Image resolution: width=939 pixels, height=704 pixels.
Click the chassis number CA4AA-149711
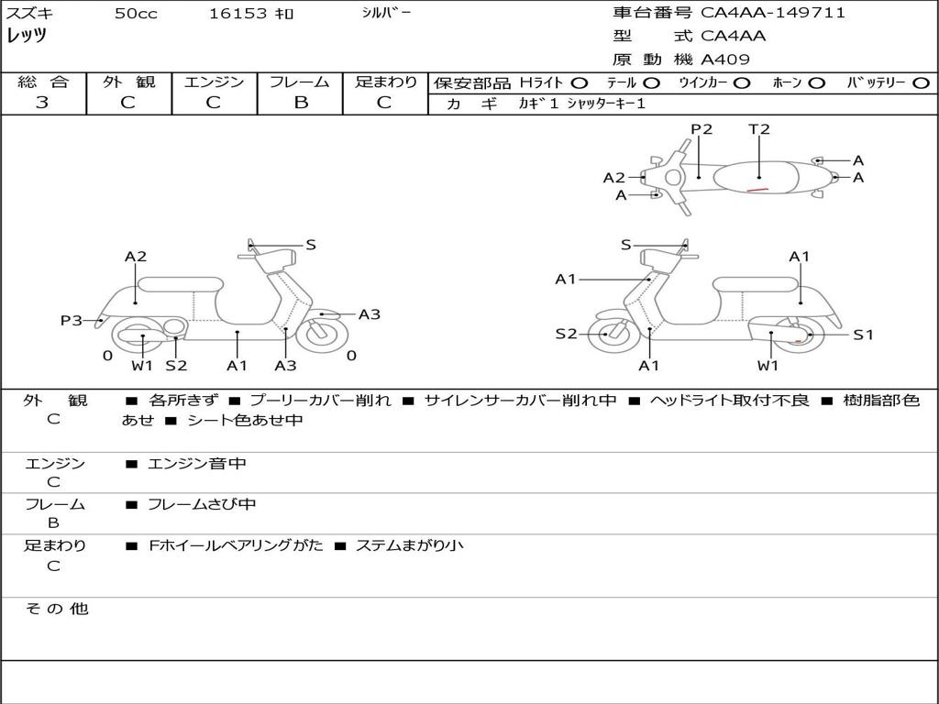click(772, 12)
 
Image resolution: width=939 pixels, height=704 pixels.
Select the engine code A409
click(724, 60)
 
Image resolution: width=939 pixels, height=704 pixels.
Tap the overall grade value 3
click(42, 103)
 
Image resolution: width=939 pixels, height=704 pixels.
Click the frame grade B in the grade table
click(301, 103)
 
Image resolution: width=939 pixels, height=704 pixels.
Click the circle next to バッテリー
click(922, 83)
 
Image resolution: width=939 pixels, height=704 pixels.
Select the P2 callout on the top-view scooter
click(701, 129)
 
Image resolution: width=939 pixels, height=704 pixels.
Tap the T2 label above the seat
click(758, 129)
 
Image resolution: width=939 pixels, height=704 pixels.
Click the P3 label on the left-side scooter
click(72, 320)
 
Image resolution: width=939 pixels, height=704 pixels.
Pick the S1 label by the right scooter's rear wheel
click(863, 335)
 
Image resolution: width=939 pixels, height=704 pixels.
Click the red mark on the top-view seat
click(757, 190)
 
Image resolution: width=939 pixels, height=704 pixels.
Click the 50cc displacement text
click(136, 13)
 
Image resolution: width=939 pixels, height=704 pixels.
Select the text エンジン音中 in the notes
click(197, 463)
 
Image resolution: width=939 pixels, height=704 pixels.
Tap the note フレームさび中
click(202, 504)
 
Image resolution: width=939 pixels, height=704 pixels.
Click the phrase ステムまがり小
click(410, 545)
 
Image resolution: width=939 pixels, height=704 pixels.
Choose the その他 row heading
click(57, 609)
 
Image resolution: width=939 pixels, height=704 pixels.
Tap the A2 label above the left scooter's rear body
click(136, 257)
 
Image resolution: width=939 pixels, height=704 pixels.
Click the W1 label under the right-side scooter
click(768, 365)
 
